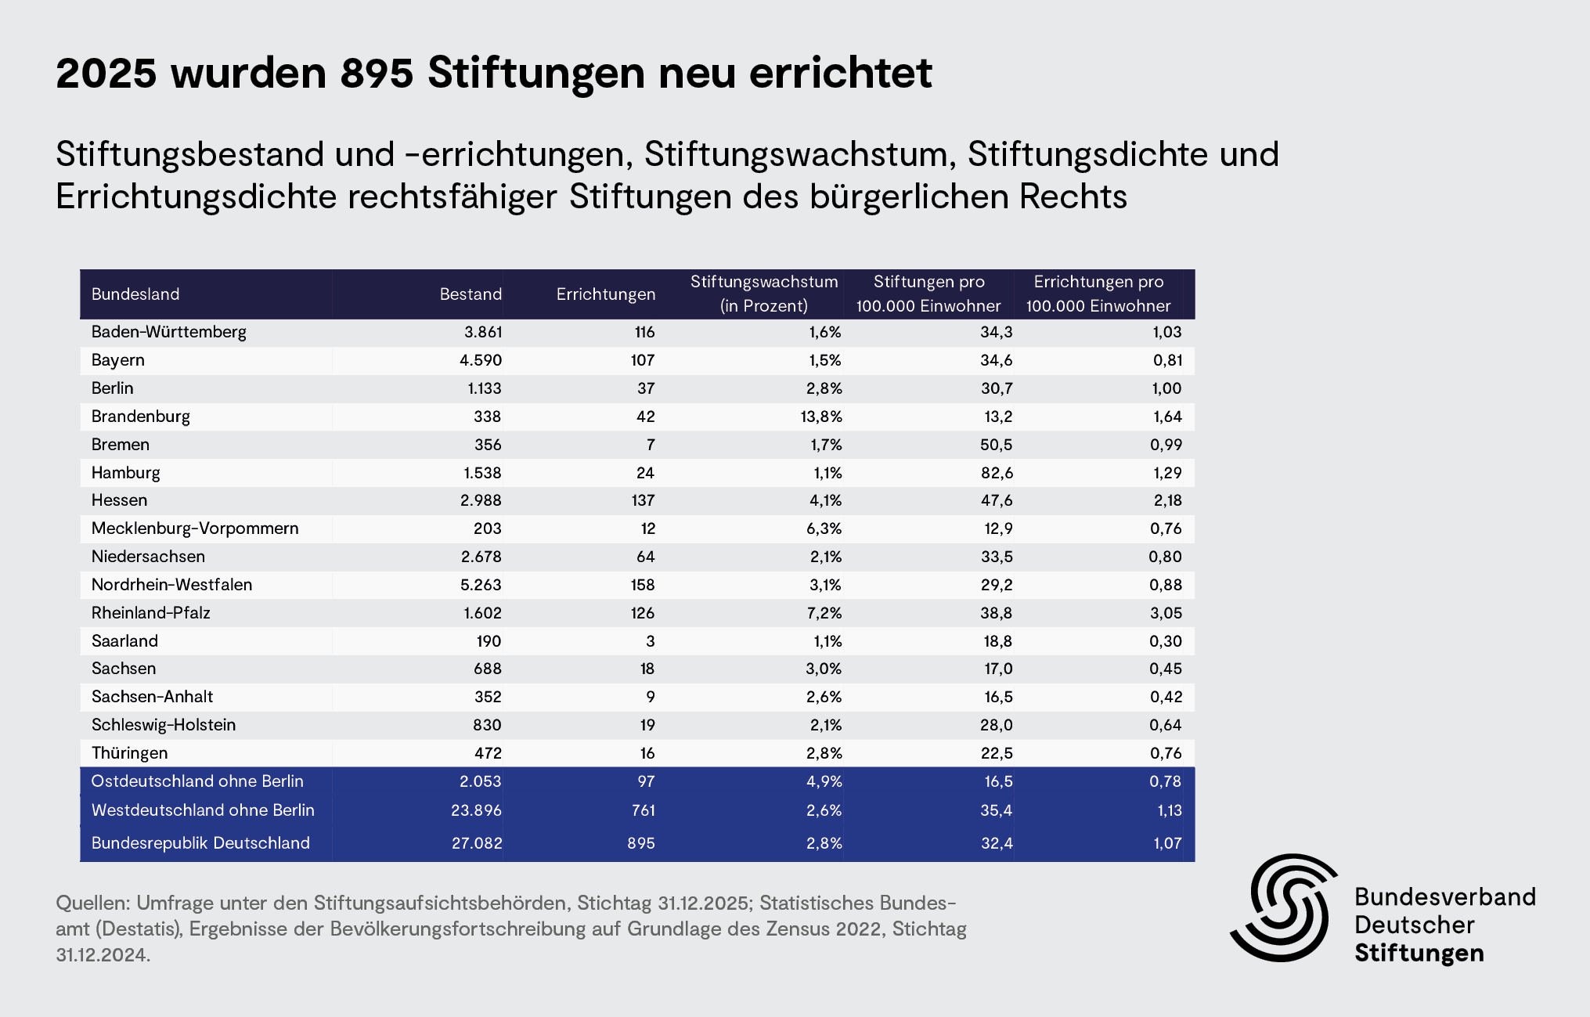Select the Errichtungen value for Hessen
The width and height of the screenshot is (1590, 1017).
click(643, 500)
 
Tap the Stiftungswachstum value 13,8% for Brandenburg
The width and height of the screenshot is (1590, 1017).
click(821, 417)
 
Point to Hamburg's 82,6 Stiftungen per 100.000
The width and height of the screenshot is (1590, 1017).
click(996, 473)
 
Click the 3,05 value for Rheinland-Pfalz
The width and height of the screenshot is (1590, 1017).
click(1166, 613)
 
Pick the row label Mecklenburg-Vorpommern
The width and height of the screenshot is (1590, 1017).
click(195, 528)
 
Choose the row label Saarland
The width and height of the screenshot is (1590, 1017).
click(124, 641)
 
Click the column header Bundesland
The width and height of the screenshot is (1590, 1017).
click(135, 294)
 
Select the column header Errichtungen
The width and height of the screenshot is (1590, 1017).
click(605, 294)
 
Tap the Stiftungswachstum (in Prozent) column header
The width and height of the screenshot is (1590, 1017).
click(764, 294)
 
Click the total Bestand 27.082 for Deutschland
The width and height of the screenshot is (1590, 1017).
click(477, 843)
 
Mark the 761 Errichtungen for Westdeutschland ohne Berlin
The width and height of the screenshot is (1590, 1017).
click(643, 810)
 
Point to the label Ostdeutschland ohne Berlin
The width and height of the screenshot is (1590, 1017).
click(197, 781)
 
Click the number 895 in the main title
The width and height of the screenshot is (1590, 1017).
click(377, 73)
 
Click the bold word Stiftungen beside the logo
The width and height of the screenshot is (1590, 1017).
click(1419, 954)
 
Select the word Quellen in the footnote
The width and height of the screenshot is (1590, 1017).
click(92, 903)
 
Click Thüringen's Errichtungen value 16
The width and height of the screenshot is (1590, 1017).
click(647, 753)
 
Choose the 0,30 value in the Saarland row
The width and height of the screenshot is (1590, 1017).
click(1166, 641)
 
